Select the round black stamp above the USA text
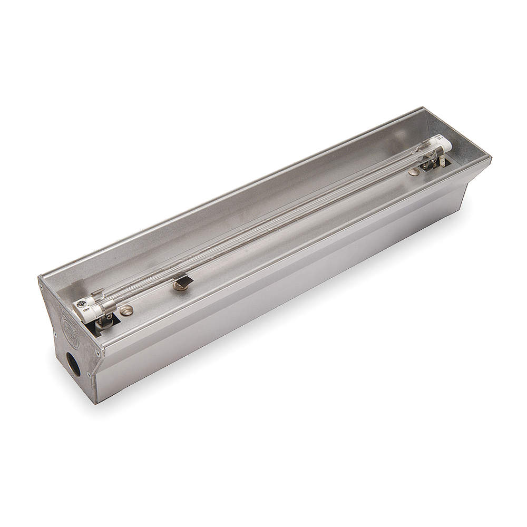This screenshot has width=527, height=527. tap(82, 304)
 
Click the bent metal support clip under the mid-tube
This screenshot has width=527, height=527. tap(184, 279)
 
